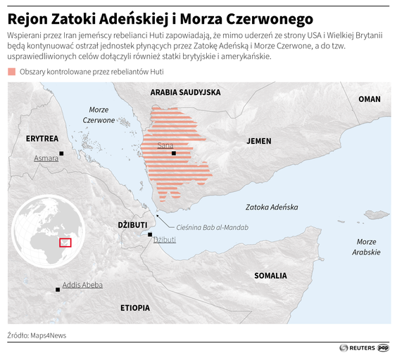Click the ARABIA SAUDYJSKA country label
point(185,93)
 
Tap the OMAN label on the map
point(369,99)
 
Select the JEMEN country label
point(258,141)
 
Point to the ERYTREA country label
point(42,139)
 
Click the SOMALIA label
point(270,276)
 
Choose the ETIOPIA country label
point(134,308)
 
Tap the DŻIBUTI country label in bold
point(132,224)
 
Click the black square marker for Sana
point(173,153)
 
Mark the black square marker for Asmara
point(62,153)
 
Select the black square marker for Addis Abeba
point(57,289)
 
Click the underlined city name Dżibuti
point(165,240)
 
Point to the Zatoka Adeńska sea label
point(272,207)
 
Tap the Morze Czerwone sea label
point(99,115)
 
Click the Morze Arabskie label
point(366,247)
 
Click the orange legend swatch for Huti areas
point(12,72)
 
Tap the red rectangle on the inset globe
point(65,243)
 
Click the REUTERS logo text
point(362,347)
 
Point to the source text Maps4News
point(48,335)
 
